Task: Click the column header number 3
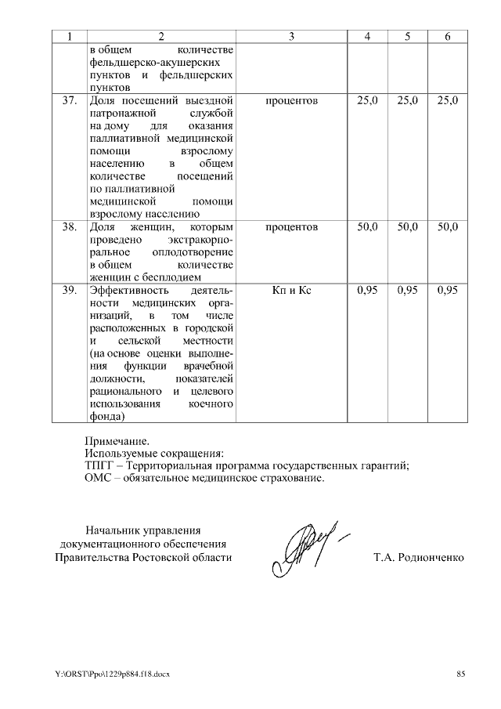coord(291,37)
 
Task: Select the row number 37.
coord(68,100)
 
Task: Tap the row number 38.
coord(68,226)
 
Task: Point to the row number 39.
coord(68,290)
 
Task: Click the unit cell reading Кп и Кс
coord(291,290)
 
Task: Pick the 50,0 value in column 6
coord(448,226)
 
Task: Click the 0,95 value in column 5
coord(408,290)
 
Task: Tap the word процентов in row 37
coord(291,100)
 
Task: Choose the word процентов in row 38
coord(291,226)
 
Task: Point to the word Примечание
coord(117,440)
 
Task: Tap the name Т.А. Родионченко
coord(419,558)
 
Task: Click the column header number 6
coord(448,37)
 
